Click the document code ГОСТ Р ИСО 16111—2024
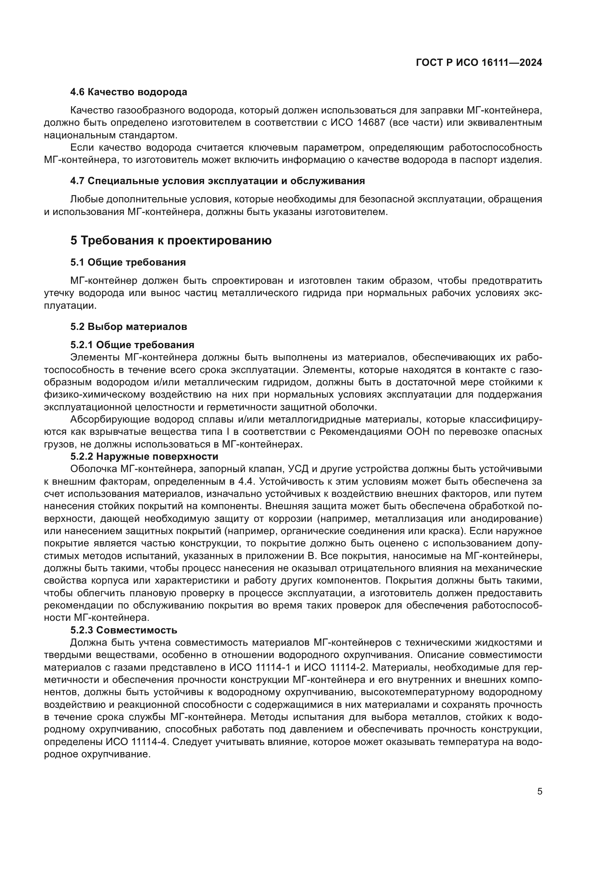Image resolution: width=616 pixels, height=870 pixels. (x=479, y=63)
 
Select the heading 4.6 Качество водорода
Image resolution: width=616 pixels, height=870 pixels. (x=128, y=92)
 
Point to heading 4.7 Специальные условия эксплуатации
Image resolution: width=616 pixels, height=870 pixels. (x=217, y=181)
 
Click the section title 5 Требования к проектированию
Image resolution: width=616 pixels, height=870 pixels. (x=171, y=240)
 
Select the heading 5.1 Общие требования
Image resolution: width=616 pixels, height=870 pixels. (x=128, y=262)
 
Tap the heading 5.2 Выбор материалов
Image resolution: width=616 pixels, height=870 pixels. (x=128, y=327)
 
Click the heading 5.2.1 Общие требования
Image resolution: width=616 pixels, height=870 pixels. (x=132, y=345)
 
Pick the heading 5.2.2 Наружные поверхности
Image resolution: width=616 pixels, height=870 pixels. (x=144, y=456)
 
